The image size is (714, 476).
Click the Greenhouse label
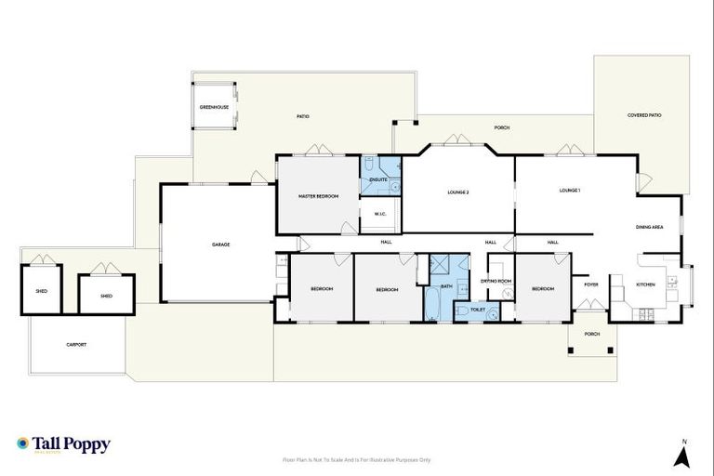(x=214, y=107)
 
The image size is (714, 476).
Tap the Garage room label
(x=220, y=245)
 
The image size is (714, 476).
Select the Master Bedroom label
(x=318, y=196)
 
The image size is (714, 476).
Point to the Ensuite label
(x=377, y=178)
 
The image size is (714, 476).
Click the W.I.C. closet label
(x=380, y=215)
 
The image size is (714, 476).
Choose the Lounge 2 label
(x=457, y=192)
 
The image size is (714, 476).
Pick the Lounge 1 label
(x=570, y=191)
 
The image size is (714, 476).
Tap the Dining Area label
(x=649, y=227)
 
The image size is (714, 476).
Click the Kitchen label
(x=645, y=284)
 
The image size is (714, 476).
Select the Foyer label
(x=591, y=284)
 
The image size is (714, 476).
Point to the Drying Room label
(x=496, y=281)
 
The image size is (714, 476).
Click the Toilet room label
(x=478, y=309)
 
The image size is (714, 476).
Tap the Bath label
(x=446, y=286)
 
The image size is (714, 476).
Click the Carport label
(x=76, y=344)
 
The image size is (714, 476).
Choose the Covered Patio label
(x=644, y=115)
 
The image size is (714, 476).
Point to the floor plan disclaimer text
(x=356, y=459)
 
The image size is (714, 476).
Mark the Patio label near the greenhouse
(x=303, y=116)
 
